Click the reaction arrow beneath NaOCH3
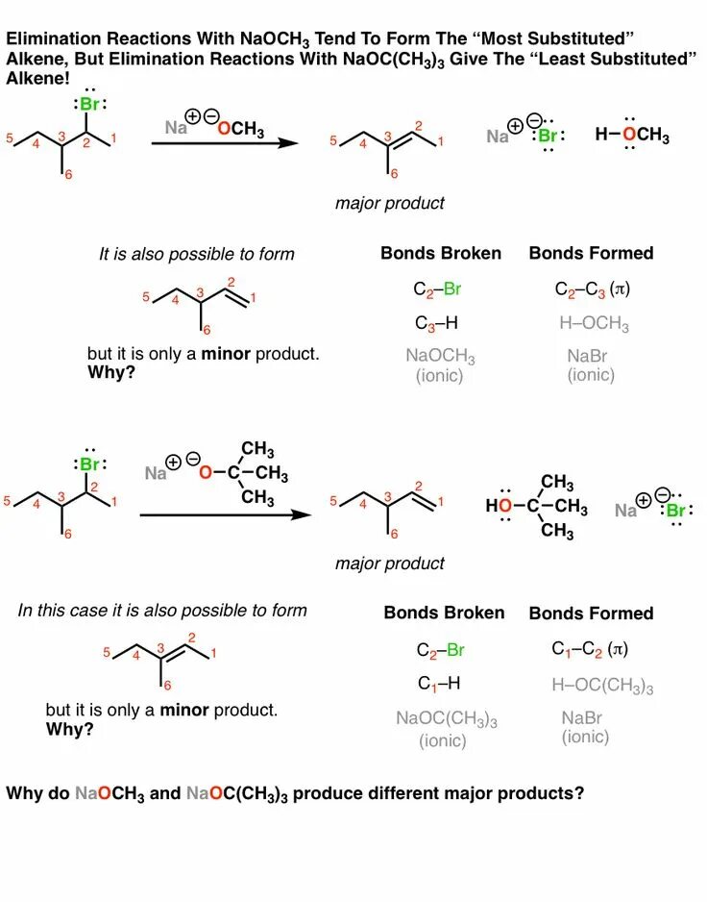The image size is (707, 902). click(x=226, y=143)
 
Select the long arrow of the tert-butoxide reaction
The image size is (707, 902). click(x=226, y=514)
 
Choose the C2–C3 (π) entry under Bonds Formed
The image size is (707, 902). click(x=592, y=288)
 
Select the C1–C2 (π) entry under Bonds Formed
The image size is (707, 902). click(x=590, y=649)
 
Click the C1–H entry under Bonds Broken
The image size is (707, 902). click(x=438, y=684)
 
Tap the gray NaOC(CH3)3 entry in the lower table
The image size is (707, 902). click(x=447, y=718)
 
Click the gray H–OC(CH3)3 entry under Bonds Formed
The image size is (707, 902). click(x=602, y=686)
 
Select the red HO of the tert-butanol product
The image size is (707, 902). click(x=499, y=505)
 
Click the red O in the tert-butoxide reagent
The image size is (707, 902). click(x=204, y=472)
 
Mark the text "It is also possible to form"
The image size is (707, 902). click(x=196, y=254)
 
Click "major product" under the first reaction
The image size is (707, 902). click(x=390, y=203)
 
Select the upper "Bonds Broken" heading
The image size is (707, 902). click(x=441, y=253)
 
